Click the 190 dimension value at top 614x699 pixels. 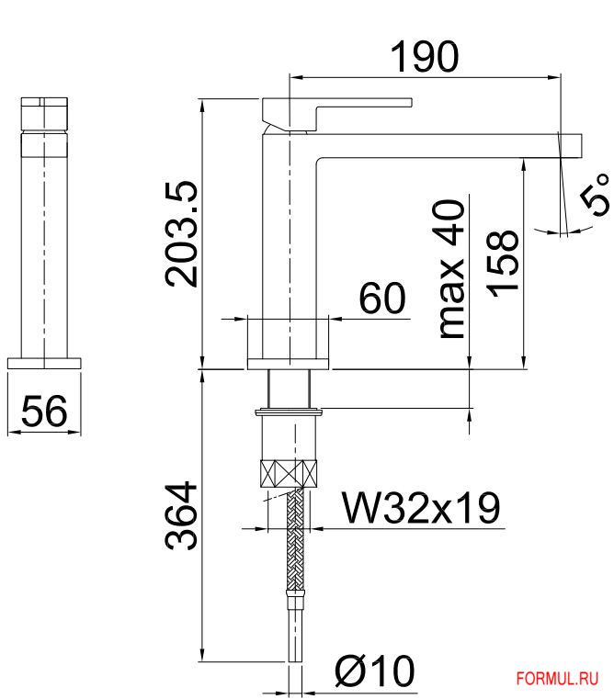[x=424, y=57]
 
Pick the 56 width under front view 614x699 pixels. [x=44, y=412]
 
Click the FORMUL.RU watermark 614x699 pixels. [x=558, y=679]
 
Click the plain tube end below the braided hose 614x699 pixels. [x=295, y=634]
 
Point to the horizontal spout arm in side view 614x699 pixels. [x=441, y=144]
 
